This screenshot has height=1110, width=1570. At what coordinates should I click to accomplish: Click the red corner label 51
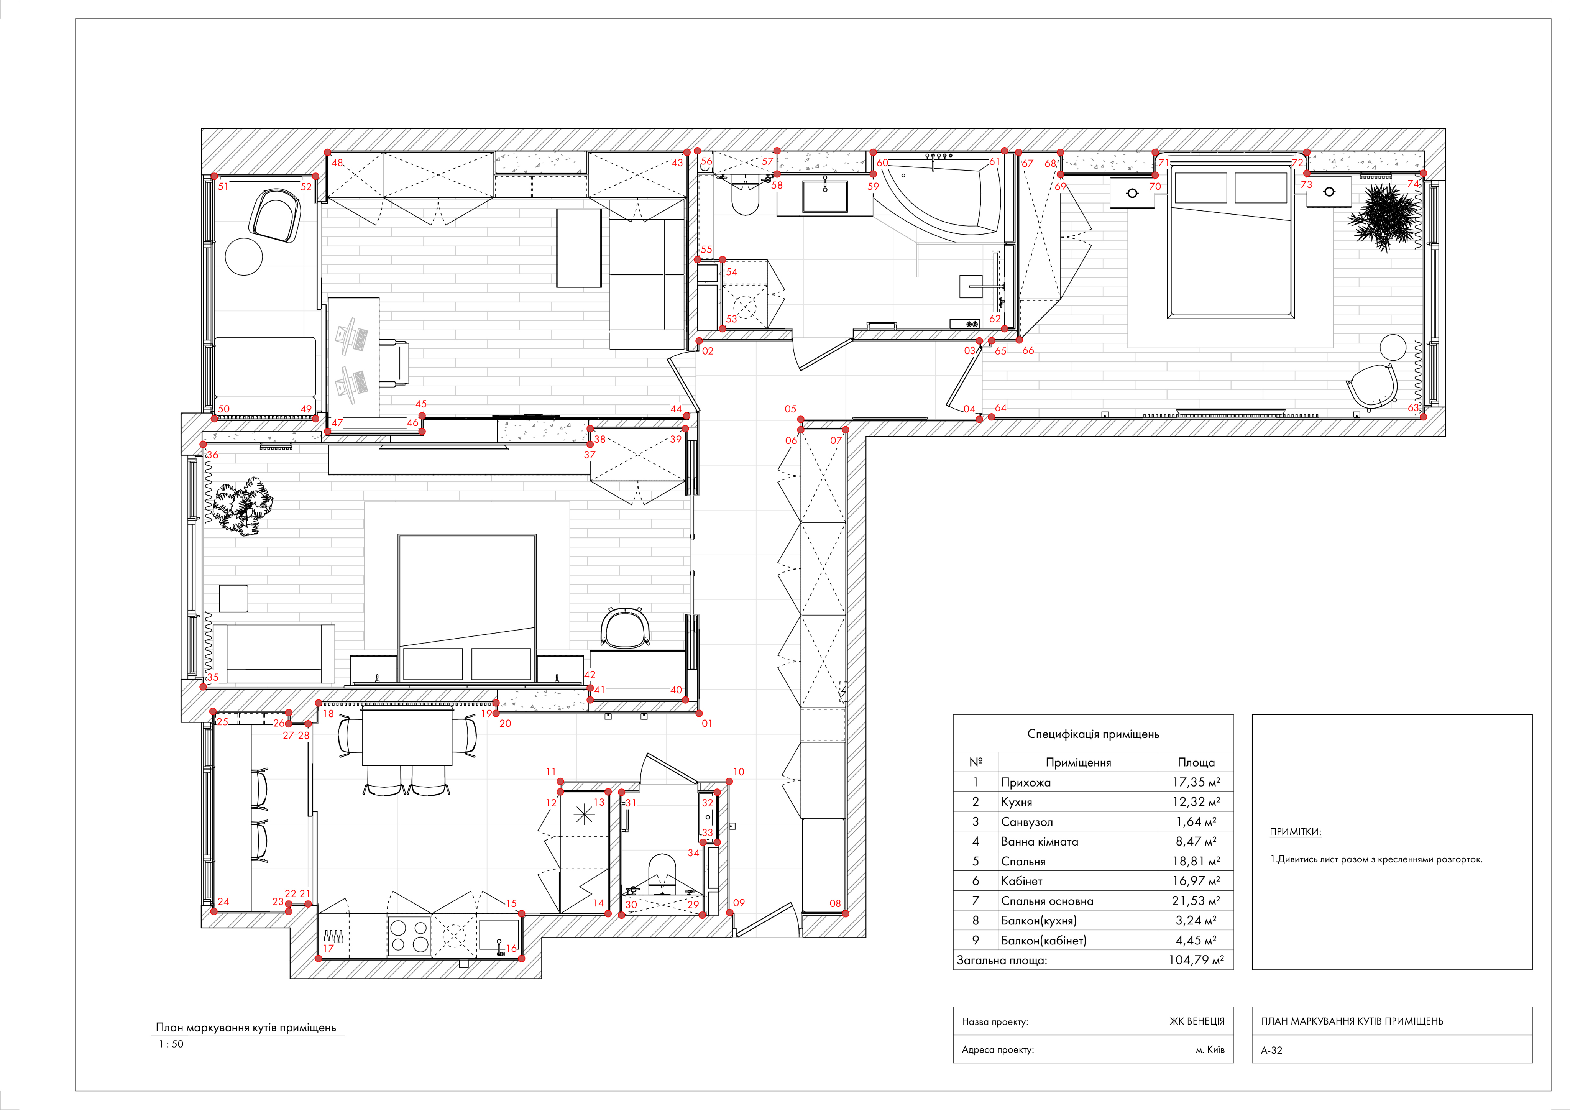[x=223, y=186]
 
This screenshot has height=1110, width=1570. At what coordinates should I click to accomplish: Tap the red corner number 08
[x=835, y=903]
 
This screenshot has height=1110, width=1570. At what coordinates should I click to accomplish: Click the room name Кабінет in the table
[x=1021, y=881]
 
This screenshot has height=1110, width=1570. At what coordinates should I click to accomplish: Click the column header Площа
[x=1196, y=762]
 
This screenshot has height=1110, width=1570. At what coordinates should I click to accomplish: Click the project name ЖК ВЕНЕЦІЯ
[x=1197, y=1021]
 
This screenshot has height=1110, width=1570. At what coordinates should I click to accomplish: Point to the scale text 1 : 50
[x=171, y=1044]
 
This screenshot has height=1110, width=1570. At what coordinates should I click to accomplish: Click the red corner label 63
[x=1413, y=407]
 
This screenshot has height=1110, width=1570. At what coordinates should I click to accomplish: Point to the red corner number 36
[x=213, y=455]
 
